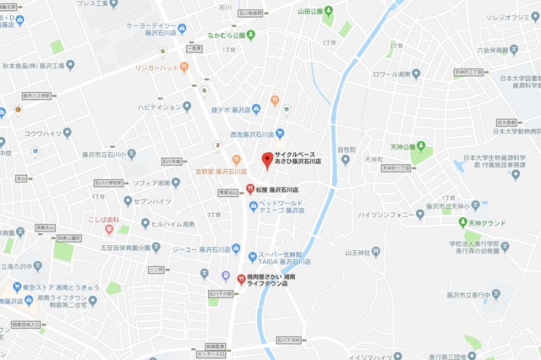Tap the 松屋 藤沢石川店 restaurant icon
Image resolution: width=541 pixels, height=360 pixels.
[x=250, y=189]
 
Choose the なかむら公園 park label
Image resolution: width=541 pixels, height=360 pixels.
[x=233, y=35]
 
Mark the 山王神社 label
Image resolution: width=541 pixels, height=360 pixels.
[x=359, y=252]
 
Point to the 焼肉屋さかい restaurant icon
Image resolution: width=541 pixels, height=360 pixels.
[x=242, y=280]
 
